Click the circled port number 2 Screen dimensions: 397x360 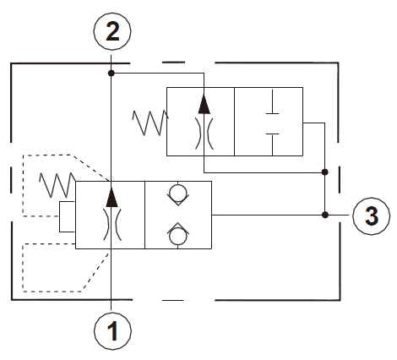coord(112,31)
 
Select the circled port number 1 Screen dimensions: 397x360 coord(112,331)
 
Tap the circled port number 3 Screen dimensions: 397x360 coord(372,215)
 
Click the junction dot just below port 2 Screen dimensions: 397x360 coord(111,74)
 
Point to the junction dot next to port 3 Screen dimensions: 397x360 coord(325,215)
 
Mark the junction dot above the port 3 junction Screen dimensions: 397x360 coord(325,172)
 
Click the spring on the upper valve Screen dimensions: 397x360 coord(150,123)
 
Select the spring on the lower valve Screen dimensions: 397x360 coord(57,185)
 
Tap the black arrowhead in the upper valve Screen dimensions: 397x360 coord(204,104)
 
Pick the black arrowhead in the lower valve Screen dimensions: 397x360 coord(111,197)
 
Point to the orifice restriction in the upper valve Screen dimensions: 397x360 coord(204,134)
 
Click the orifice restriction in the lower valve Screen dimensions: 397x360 coord(112,225)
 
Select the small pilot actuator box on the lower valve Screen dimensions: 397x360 coord(67,216)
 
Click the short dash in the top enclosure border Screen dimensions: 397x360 coord(173,63)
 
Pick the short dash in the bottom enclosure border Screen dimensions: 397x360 coord(172,300)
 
